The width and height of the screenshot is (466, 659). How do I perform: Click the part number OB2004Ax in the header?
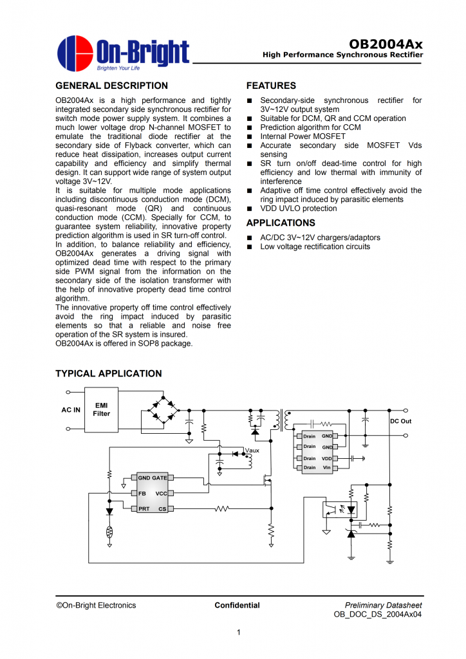pos(386,44)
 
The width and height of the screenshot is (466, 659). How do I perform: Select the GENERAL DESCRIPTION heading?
pos(111,86)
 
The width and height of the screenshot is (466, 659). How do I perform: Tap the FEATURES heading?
pos(271,86)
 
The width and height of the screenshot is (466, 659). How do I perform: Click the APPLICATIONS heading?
pos(281,223)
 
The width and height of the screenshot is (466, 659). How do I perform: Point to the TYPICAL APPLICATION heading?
pos(109,374)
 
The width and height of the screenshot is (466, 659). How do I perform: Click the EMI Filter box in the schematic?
pos(102,409)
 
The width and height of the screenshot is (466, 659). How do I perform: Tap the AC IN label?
pos(71,410)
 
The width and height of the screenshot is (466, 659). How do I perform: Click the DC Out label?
pos(400,421)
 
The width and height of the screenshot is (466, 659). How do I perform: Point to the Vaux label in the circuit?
pos(251,450)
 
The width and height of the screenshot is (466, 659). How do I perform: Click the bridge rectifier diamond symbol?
pos(163,410)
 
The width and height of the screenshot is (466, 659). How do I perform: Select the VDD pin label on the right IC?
pos(327,458)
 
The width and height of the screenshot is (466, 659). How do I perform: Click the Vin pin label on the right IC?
pos(327,467)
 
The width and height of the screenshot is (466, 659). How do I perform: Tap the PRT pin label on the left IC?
pos(144,508)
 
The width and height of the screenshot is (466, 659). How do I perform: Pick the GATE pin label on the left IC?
pos(160,478)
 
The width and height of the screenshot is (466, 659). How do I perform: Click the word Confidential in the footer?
pos(237,605)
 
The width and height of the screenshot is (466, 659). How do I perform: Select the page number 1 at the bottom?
pos(238,633)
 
